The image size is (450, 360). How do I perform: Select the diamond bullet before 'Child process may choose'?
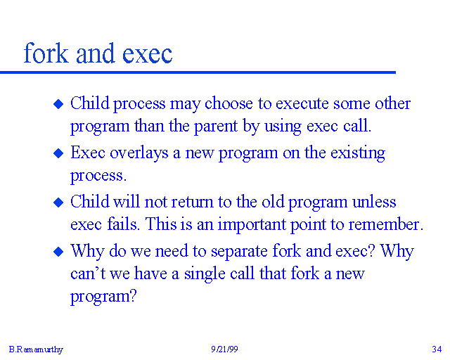coord(59,104)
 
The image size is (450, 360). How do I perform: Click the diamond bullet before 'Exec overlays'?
coord(59,153)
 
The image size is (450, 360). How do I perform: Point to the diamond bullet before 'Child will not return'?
coord(59,202)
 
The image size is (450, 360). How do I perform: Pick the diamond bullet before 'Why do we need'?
coord(59,252)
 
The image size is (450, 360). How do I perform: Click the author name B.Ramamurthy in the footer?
coord(36,349)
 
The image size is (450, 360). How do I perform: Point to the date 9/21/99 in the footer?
coord(224,349)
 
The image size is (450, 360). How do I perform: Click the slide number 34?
coord(436,349)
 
